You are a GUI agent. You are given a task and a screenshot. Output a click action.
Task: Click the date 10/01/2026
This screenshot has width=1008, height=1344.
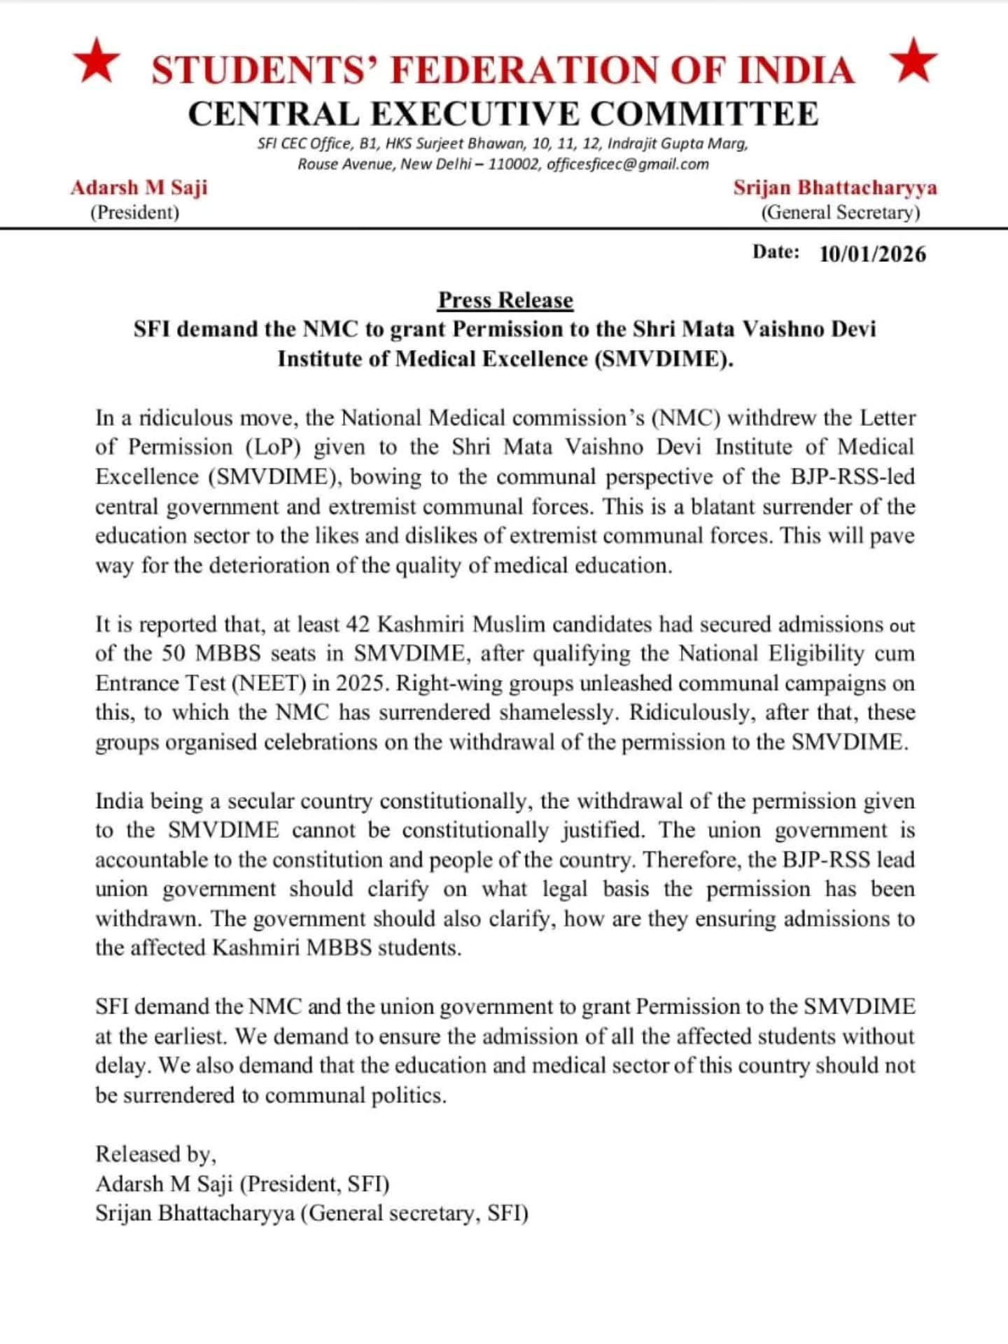872,254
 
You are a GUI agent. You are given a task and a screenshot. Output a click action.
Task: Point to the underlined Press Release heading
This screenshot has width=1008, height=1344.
505,300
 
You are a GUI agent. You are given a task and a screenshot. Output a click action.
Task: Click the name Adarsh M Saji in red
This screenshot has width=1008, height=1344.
139,188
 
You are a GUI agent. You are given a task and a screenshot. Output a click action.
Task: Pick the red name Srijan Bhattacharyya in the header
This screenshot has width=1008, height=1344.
835,188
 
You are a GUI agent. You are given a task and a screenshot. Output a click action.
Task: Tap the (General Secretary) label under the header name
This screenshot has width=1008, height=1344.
840,212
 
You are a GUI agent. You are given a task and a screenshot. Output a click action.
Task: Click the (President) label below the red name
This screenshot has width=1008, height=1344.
134,212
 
